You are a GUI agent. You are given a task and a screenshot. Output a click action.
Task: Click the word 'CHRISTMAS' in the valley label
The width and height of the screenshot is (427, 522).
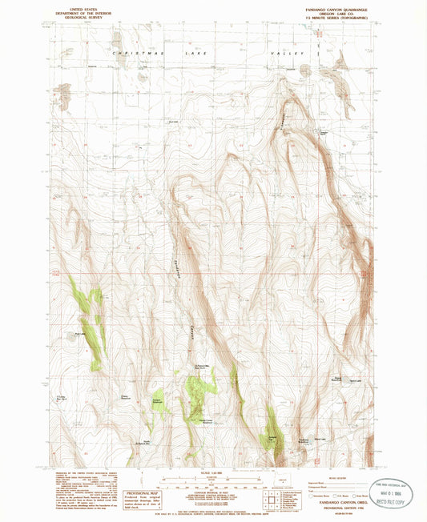[136, 54]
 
